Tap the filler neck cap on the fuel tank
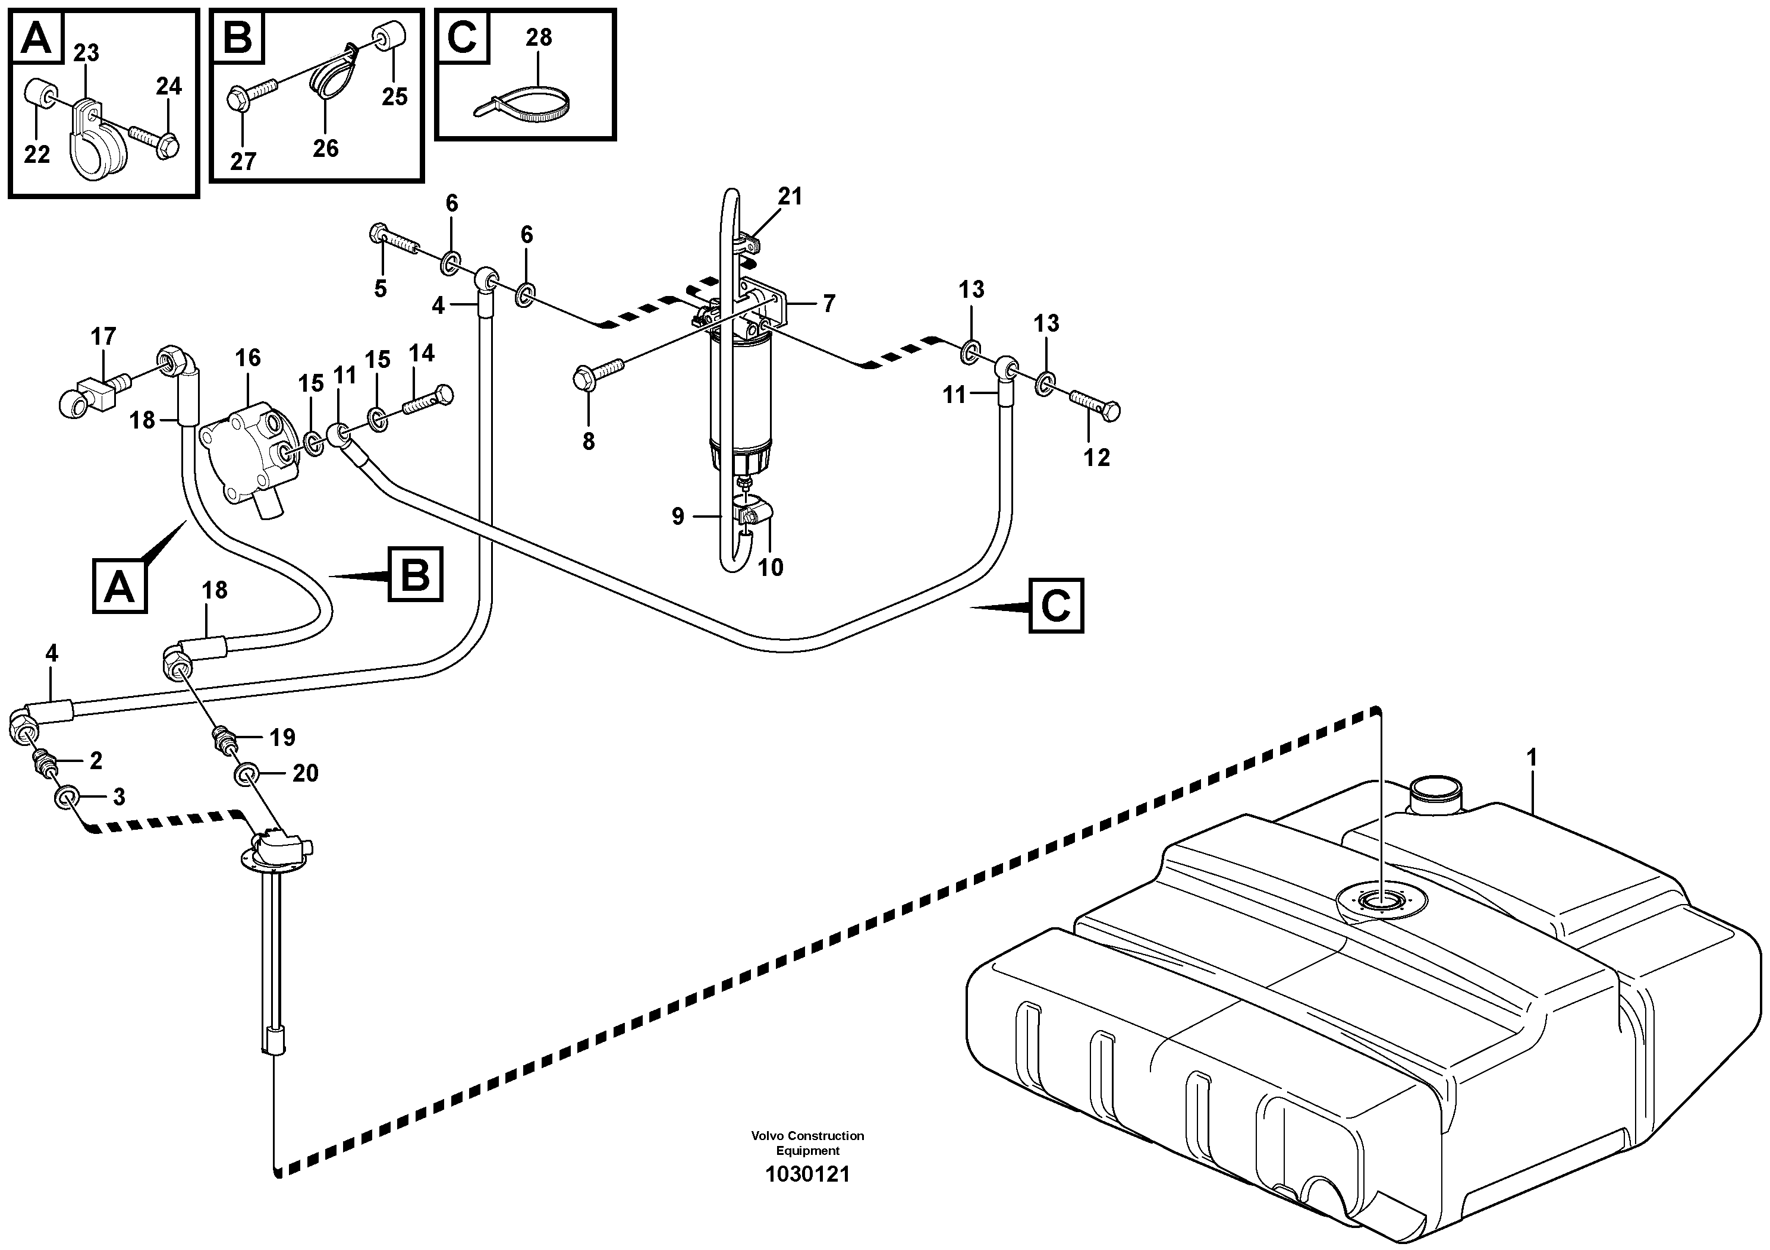coord(1435,789)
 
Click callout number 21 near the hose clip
coord(790,197)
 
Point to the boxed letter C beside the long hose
coord(1055,606)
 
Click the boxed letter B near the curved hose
coord(415,574)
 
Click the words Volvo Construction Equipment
coord(807,1143)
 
